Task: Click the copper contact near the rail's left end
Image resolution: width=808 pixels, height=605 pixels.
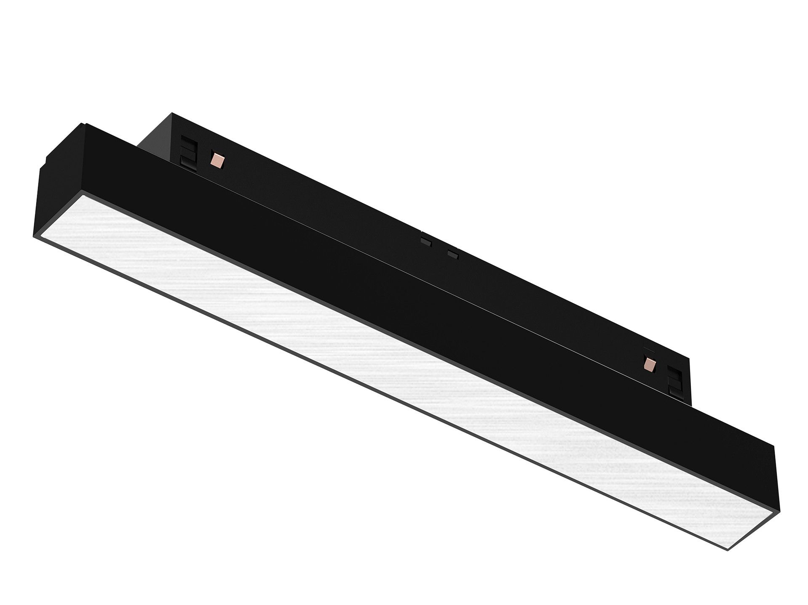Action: click(x=217, y=159)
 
